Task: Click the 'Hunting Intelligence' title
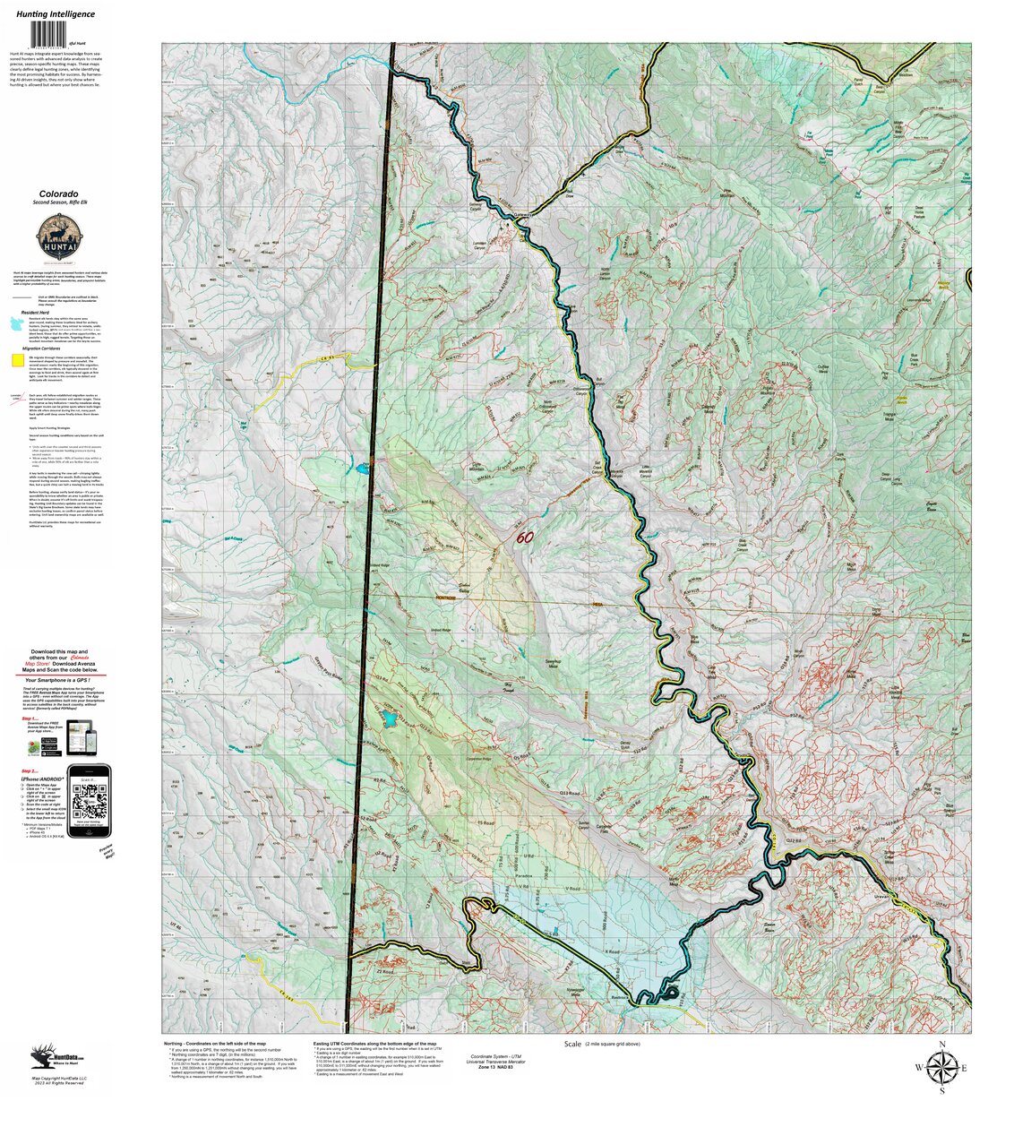point(55,14)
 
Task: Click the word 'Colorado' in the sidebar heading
point(58,194)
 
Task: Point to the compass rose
point(941,1067)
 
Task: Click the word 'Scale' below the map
point(572,1045)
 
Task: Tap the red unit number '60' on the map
point(524,538)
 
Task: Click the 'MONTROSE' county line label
point(447,598)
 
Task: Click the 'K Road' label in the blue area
point(613,952)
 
